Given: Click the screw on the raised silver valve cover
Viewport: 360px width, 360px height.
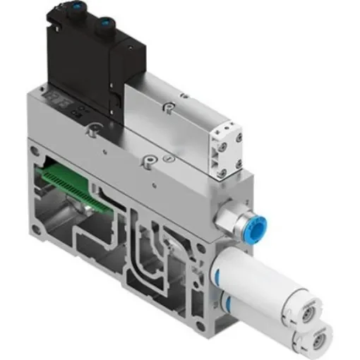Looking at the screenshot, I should point(168,107).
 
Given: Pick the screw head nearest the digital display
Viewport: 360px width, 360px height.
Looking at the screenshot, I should point(90,130).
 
